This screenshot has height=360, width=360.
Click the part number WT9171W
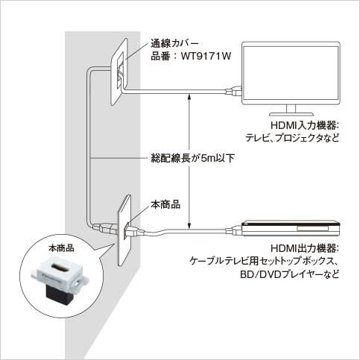click(206, 57)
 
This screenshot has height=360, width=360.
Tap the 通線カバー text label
click(174, 43)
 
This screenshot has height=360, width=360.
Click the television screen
click(291, 73)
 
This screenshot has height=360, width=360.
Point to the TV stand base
click(291, 114)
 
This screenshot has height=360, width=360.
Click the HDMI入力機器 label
click(305, 125)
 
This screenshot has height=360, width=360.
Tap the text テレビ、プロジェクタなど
click(292, 138)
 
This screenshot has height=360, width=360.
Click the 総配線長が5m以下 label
click(193, 158)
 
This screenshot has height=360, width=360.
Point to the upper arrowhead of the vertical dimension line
click(189, 96)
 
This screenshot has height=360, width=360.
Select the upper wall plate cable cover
click(119, 72)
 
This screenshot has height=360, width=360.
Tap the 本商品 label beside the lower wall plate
click(165, 204)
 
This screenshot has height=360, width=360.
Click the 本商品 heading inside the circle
click(61, 248)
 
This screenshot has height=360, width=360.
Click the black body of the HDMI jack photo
click(60, 296)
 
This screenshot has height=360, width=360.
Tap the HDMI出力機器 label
click(305, 248)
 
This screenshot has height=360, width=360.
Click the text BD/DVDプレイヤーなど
click(289, 274)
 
